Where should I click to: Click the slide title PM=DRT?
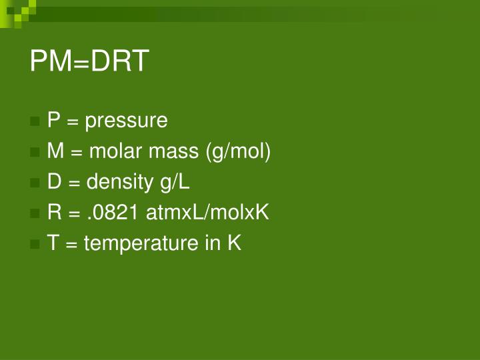[89, 62]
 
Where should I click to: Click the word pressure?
[126, 121]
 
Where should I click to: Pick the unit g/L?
[174, 183]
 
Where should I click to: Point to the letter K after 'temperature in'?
[234, 243]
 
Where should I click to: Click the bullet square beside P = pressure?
[35, 122]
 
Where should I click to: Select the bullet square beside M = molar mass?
[35, 153]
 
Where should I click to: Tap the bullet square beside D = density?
[35, 183]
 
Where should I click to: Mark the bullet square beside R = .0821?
[35, 214]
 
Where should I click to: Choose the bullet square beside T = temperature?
[35, 245]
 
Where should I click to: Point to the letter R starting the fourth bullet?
[54, 213]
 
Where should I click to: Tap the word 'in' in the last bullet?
[212, 243]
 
